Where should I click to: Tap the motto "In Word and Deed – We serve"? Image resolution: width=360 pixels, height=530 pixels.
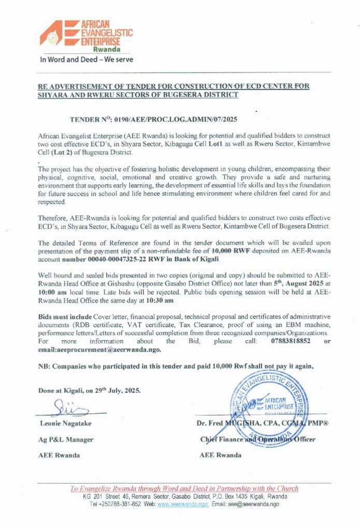tap(87, 59)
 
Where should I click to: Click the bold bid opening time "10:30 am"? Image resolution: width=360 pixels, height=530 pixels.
tap(161, 301)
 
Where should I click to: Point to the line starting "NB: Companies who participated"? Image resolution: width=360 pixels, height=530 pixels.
tap(176, 366)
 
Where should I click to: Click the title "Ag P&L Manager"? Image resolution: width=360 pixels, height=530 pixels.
tap(66, 439)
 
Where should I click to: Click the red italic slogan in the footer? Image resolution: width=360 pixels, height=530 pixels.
tap(184, 488)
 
